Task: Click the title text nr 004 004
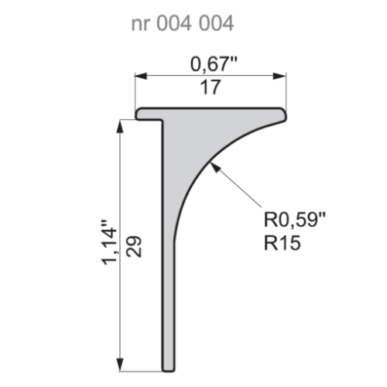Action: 182,24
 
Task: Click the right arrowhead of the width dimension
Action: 281,76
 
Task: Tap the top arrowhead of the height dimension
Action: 122,126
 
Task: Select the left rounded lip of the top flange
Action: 140,114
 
